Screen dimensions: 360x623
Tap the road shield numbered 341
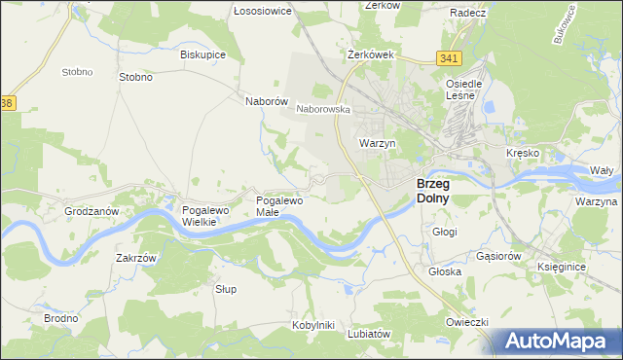pos(449,59)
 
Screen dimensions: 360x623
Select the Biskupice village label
pos(202,54)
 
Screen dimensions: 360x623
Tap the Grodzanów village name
pos(91,210)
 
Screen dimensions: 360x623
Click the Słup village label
pos(226,289)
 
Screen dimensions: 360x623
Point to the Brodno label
pos(60,318)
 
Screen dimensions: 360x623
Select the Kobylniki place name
pos(312,324)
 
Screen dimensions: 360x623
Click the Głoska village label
pos(444,272)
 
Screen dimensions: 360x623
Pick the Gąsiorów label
pos(500,255)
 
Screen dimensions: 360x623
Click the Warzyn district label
pos(377,143)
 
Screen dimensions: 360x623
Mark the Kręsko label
pos(523,154)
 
